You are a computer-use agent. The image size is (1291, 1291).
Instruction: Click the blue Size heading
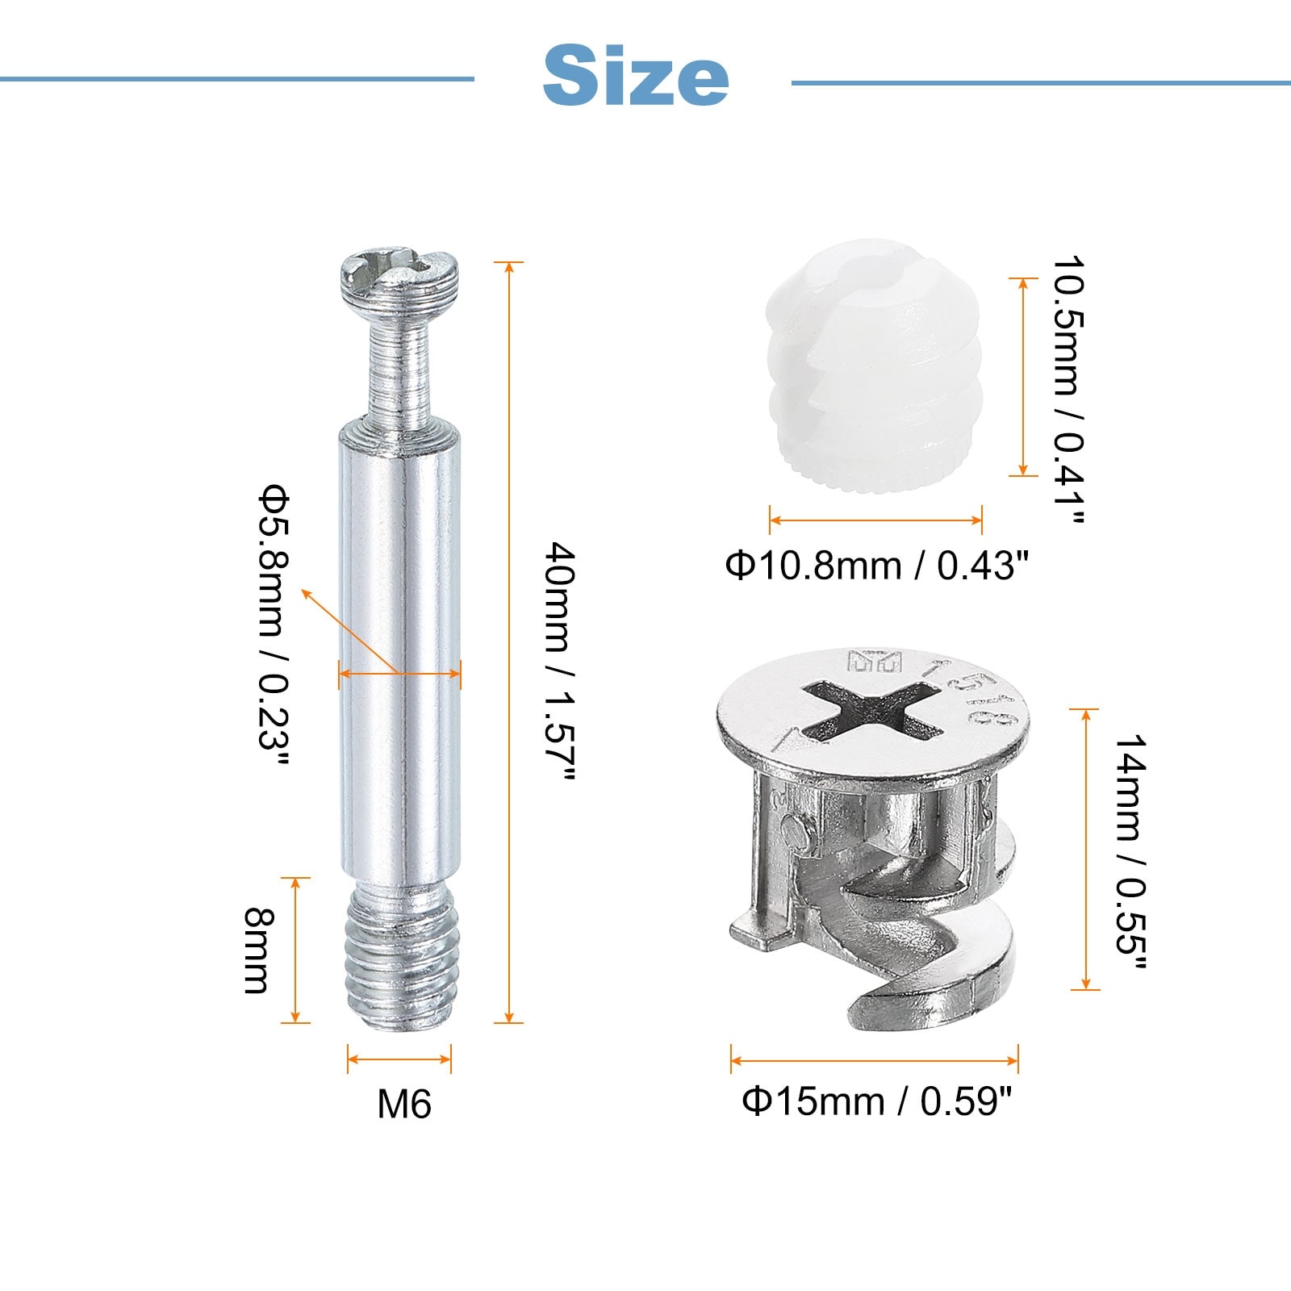[x=636, y=76]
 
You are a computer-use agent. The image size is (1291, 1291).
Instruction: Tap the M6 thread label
[x=404, y=1104]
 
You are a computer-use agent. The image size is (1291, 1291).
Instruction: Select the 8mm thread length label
[x=260, y=950]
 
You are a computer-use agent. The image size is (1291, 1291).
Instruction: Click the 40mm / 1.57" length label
[x=559, y=662]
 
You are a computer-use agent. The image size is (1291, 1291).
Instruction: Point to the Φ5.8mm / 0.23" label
[x=273, y=629]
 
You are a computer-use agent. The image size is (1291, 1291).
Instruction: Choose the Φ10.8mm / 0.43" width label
[x=877, y=565]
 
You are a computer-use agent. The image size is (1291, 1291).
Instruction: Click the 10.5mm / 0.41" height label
[x=1067, y=391]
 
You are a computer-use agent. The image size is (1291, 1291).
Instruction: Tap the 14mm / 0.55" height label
[x=1131, y=854]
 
